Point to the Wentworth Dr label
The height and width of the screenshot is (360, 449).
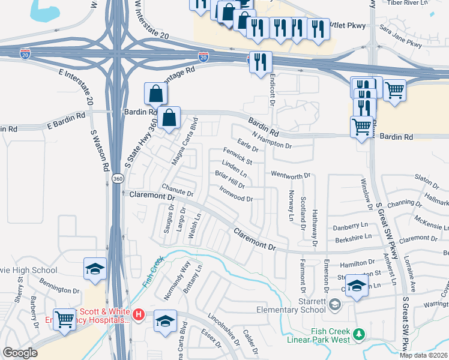[290, 175]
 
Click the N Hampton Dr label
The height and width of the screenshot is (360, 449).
[272, 141]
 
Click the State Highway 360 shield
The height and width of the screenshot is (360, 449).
[118, 178]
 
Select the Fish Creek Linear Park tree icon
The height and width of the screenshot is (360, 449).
[359, 334]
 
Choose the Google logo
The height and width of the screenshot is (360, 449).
[20, 353]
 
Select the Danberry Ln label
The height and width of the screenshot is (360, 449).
[350, 227]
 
